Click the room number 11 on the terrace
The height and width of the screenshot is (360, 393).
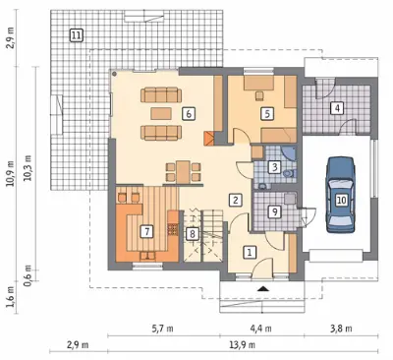[x=77, y=35]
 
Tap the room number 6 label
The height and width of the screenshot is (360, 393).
[x=189, y=114]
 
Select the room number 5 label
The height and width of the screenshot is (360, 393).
[x=267, y=114]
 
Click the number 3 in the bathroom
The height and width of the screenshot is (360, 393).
[x=275, y=167]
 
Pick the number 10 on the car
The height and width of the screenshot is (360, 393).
[x=341, y=200]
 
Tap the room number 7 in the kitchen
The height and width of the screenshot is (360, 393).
[x=146, y=232]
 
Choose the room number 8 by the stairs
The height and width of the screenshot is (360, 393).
[x=193, y=233]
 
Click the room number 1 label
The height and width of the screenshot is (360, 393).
[x=250, y=252]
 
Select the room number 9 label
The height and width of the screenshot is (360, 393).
[x=275, y=211]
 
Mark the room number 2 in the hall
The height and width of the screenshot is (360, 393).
[x=236, y=200]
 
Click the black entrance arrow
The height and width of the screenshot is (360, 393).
[x=262, y=288]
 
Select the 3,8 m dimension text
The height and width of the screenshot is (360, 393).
[x=342, y=329]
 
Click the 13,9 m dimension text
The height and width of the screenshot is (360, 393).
[x=243, y=345]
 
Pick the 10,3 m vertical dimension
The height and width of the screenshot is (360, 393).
[x=28, y=168]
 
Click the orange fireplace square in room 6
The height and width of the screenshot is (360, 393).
[x=209, y=139]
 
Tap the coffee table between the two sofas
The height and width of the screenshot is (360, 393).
[x=161, y=113]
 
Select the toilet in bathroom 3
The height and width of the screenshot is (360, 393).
[x=289, y=173]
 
